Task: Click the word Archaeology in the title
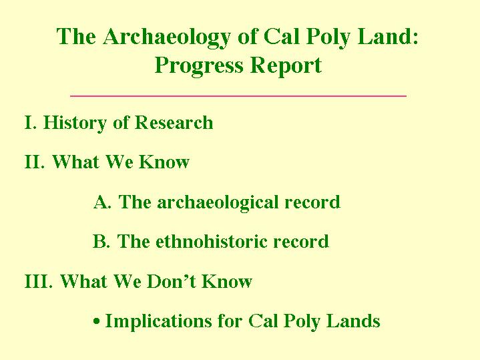166,38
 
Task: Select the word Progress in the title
199,67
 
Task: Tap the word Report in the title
286,67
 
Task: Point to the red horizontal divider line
238,96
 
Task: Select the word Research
174,122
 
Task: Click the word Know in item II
164,162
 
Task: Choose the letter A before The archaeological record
102,202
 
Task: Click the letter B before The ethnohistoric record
101,241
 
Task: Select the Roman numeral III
38,281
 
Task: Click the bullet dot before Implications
97,321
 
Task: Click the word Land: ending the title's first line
388,37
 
